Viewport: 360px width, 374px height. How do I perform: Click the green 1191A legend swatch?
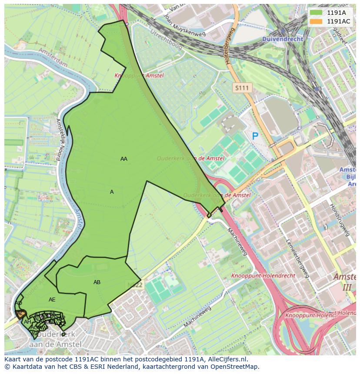(x=316, y=13)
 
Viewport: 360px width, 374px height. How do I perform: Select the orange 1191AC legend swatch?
(x=316, y=21)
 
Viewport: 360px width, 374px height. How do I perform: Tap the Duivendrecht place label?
(x=282, y=39)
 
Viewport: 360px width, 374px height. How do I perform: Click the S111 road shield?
(x=242, y=88)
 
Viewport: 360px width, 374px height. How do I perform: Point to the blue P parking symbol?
(x=255, y=136)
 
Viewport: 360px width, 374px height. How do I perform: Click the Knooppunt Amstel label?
(x=139, y=76)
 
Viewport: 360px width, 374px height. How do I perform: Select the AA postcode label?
(x=124, y=159)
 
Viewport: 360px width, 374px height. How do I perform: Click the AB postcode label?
(x=97, y=282)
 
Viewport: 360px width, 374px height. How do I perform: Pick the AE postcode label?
(x=52, y=300)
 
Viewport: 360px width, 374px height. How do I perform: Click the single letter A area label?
(x=112, y=192)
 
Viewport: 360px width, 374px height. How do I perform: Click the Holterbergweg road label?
(x=229, y=46)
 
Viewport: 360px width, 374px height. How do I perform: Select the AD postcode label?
(x=18, y=303)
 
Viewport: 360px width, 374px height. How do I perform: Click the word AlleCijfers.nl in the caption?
(x=227, y=359)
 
